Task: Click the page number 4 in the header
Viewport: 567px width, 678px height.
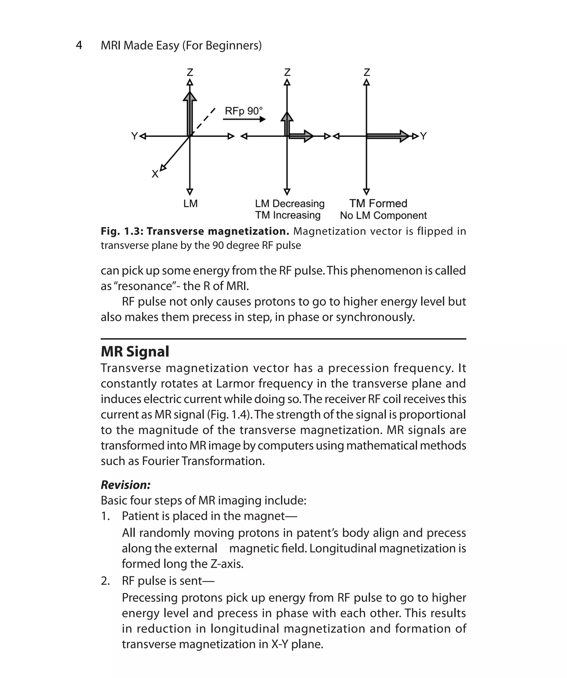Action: pyautogui.click(x=79, y=46)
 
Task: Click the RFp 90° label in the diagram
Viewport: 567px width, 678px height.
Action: pyautogui.click(x=244, y=111)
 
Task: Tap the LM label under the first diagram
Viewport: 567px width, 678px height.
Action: pyautogui.click(x=190, y=204)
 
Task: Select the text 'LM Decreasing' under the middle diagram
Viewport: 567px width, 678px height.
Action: pyautogui.click(x=290, y=204)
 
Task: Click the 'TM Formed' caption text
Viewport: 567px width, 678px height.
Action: pyautogui.click(x=378, y=204)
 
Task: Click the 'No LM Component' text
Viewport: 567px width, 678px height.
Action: pyautogui.click(x=383, y=215)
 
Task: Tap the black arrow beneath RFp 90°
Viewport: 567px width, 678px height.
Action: pyautogui.click(x=244, y=119)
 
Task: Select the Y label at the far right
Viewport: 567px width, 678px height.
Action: pyautogui.click(x=424, y=136)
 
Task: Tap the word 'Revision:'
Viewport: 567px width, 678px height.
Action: pyautogui.click(x=126, y=485)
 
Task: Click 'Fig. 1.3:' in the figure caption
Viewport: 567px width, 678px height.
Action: pyautogui.click(x=122, y=231)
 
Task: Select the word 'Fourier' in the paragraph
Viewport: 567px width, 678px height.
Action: pyautogui.click(x=160, y=461)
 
